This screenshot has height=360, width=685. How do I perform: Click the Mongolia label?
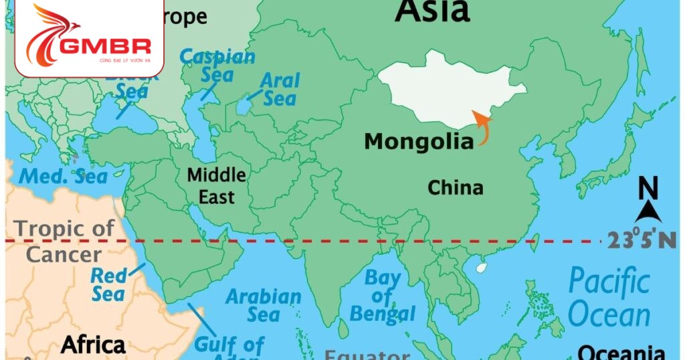pyautogui.click(x=419, y=142)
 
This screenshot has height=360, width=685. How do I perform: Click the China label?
pyautogui.click(x=455, y=188)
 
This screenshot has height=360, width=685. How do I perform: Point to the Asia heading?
pyautogui.click(x=431, y=11)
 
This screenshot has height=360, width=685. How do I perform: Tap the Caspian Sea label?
pyautogui.click(x=217, y=65)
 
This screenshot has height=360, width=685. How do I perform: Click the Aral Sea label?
pyautogui.click(x=279, y=90)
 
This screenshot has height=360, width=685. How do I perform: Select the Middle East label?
pyautogui.click(x=216, y=186)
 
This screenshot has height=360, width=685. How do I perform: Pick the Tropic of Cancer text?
pyautogui.click(x=64, y=242)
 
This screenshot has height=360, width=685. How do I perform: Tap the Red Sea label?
pyautogui.click(x=108, y=284)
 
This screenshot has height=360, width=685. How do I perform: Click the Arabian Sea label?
pyautogui.click(x=264, y=304)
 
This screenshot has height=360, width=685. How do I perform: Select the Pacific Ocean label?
pyautogui.click(x=609, y=298)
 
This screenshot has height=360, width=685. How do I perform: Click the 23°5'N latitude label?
pyautogui.click(x=642, y=240)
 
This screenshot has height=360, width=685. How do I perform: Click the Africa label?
pyautogui.click(x=93, y=345)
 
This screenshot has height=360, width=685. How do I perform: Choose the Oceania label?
pyautogui.click(x=621, y=353)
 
